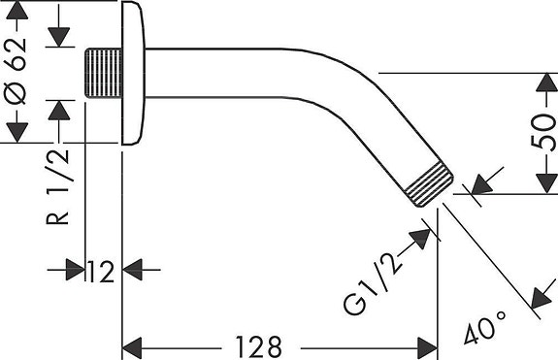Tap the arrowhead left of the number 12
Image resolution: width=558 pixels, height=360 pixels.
[x=76, y=269]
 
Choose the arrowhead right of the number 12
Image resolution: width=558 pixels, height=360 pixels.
[x=132, y=269]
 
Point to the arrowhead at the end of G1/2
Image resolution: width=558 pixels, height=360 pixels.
[x=421, y=235]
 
